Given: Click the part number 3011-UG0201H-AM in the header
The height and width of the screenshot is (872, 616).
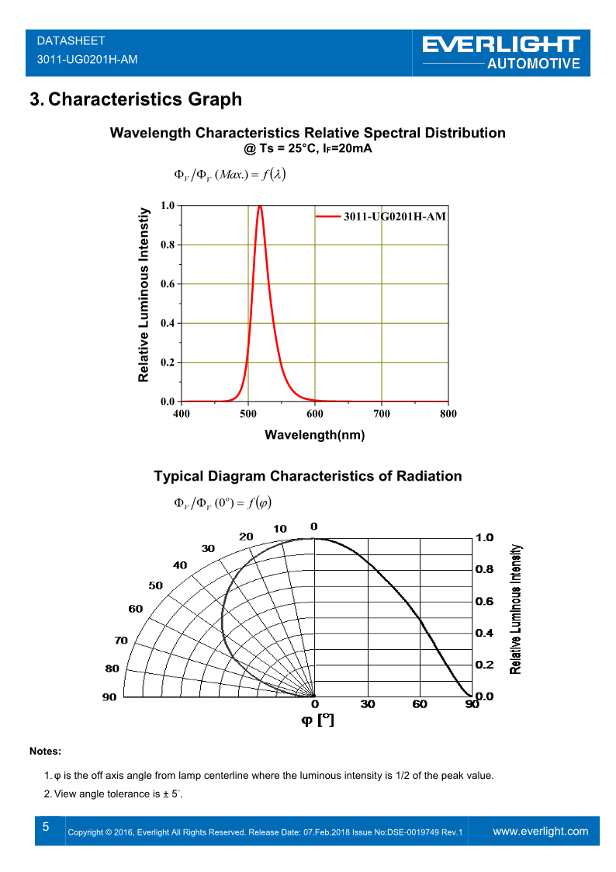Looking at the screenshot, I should pyautogui.click(x=87, y=59).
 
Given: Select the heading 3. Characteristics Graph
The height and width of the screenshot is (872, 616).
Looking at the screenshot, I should pyautogui.click(x=135, y=99).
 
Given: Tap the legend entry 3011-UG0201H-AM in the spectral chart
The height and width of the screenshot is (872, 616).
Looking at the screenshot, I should pyautogui.click(x=394, y=217).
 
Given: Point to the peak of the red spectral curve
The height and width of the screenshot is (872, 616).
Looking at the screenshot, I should pyautogui.click(x=260, y=207).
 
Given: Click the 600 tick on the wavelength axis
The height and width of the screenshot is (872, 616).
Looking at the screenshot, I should pyautogui.click(x=314, y=414).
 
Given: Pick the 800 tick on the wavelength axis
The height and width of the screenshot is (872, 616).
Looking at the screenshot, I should pyautogui.click(x=448, y=414).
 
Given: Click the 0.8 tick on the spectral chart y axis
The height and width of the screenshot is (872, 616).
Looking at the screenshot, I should pyautogui.click(x=168, y=245).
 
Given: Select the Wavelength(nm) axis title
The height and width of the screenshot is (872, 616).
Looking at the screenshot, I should pyautogui.click(x=314, y=435).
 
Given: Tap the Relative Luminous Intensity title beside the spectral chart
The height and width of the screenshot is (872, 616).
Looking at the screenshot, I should pyautogui.click(x=144, y=295).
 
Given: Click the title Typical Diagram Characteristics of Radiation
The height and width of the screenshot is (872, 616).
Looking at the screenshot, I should pyautogui.click(x=307, y=476).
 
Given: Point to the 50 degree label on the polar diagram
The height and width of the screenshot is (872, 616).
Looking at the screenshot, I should pyautogui.click(x=155, y=585).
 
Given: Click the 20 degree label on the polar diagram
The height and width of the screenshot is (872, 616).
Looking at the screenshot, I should pyautogui.click(x=246, y=537).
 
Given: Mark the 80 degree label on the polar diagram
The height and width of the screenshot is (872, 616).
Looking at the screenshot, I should pyautogui.click(x=112, y=668).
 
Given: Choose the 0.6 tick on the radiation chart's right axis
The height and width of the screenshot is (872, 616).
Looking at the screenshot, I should pyautogui.click(x=484, y=601).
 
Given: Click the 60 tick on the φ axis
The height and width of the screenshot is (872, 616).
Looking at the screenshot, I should pyautogui.click(x=420, y=704).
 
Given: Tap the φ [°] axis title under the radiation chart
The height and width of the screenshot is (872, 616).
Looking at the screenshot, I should pyautogui.click(x=317, y=721).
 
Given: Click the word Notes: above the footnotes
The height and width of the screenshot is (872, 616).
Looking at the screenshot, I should pyautogui.click(x=45, y=751).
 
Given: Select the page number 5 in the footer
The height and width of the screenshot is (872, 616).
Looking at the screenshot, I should pyautogui.click(x=46, y=827).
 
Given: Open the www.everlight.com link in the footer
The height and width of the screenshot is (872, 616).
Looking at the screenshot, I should pyautogui.click(x=541, y=831).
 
